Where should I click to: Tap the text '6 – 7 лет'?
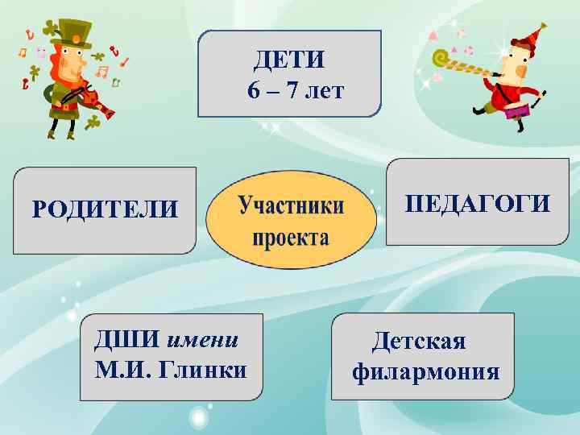[x=296, y=90]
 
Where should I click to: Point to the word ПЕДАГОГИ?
[x=478, y=203]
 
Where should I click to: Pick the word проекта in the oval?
[x=291, y=238]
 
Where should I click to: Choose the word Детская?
[x=418, y=341]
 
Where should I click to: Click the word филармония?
[x=426, y=372]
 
